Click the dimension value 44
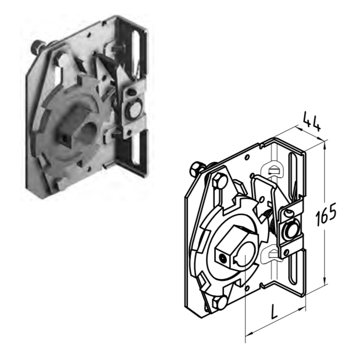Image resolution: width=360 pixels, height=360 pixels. (312, 121)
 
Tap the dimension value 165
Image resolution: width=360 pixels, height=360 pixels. (326, 214)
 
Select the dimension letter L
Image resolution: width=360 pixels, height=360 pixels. (275, 311)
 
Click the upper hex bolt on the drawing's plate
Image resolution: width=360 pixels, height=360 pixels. (219, 180)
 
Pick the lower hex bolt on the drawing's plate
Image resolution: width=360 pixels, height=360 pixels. (218, 302)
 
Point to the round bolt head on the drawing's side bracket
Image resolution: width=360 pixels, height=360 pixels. (290, 231)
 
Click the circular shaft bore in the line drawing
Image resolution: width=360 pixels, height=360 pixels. (246, 254)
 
